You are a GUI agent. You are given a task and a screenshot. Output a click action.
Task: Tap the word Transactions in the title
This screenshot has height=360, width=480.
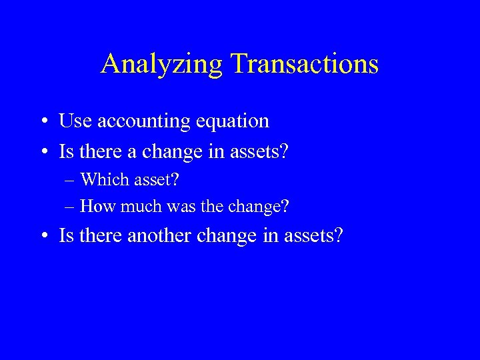305,64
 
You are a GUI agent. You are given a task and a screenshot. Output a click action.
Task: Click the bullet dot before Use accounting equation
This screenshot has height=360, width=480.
43,122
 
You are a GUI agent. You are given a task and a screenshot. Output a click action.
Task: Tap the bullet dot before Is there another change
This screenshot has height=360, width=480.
43,236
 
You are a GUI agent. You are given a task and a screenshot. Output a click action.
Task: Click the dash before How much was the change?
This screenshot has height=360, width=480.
70,207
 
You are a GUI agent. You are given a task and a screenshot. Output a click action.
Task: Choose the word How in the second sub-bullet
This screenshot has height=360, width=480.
97,206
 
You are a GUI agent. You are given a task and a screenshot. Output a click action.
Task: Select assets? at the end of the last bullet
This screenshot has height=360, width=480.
313,235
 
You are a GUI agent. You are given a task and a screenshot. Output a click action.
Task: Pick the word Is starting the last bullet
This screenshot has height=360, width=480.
67,235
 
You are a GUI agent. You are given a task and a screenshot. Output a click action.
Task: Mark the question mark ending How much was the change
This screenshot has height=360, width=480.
285,206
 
